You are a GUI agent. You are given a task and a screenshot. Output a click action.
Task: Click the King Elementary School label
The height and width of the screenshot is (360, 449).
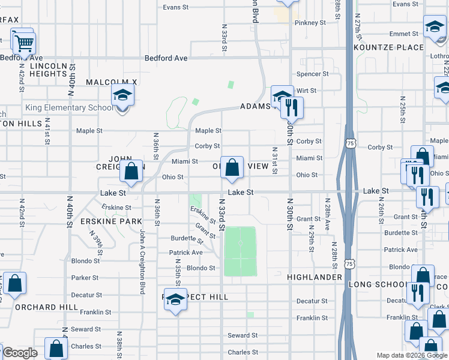pos(69,108)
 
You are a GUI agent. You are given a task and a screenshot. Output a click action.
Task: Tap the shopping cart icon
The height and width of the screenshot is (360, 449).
pos(24,43)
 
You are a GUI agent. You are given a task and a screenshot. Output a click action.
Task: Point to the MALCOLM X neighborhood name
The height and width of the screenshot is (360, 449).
pos(112,82)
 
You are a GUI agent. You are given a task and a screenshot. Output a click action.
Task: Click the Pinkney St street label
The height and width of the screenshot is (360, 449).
pos(310,23)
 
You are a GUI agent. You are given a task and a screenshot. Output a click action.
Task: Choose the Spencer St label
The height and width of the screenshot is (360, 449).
pos(313,74)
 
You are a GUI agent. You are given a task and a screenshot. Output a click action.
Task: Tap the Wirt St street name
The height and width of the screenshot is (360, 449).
pos(306,90)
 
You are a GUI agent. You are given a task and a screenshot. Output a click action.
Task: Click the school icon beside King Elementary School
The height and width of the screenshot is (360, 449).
pos(122,95)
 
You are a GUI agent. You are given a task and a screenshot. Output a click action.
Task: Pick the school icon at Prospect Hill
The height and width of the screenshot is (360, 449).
pos(175,300)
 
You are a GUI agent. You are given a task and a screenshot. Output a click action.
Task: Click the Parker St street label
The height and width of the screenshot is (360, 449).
pos(85,278)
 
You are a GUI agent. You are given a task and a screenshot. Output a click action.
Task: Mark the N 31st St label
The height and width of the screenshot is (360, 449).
pos(274,161)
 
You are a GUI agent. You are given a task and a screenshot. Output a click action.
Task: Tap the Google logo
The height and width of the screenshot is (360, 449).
pos(20,353)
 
